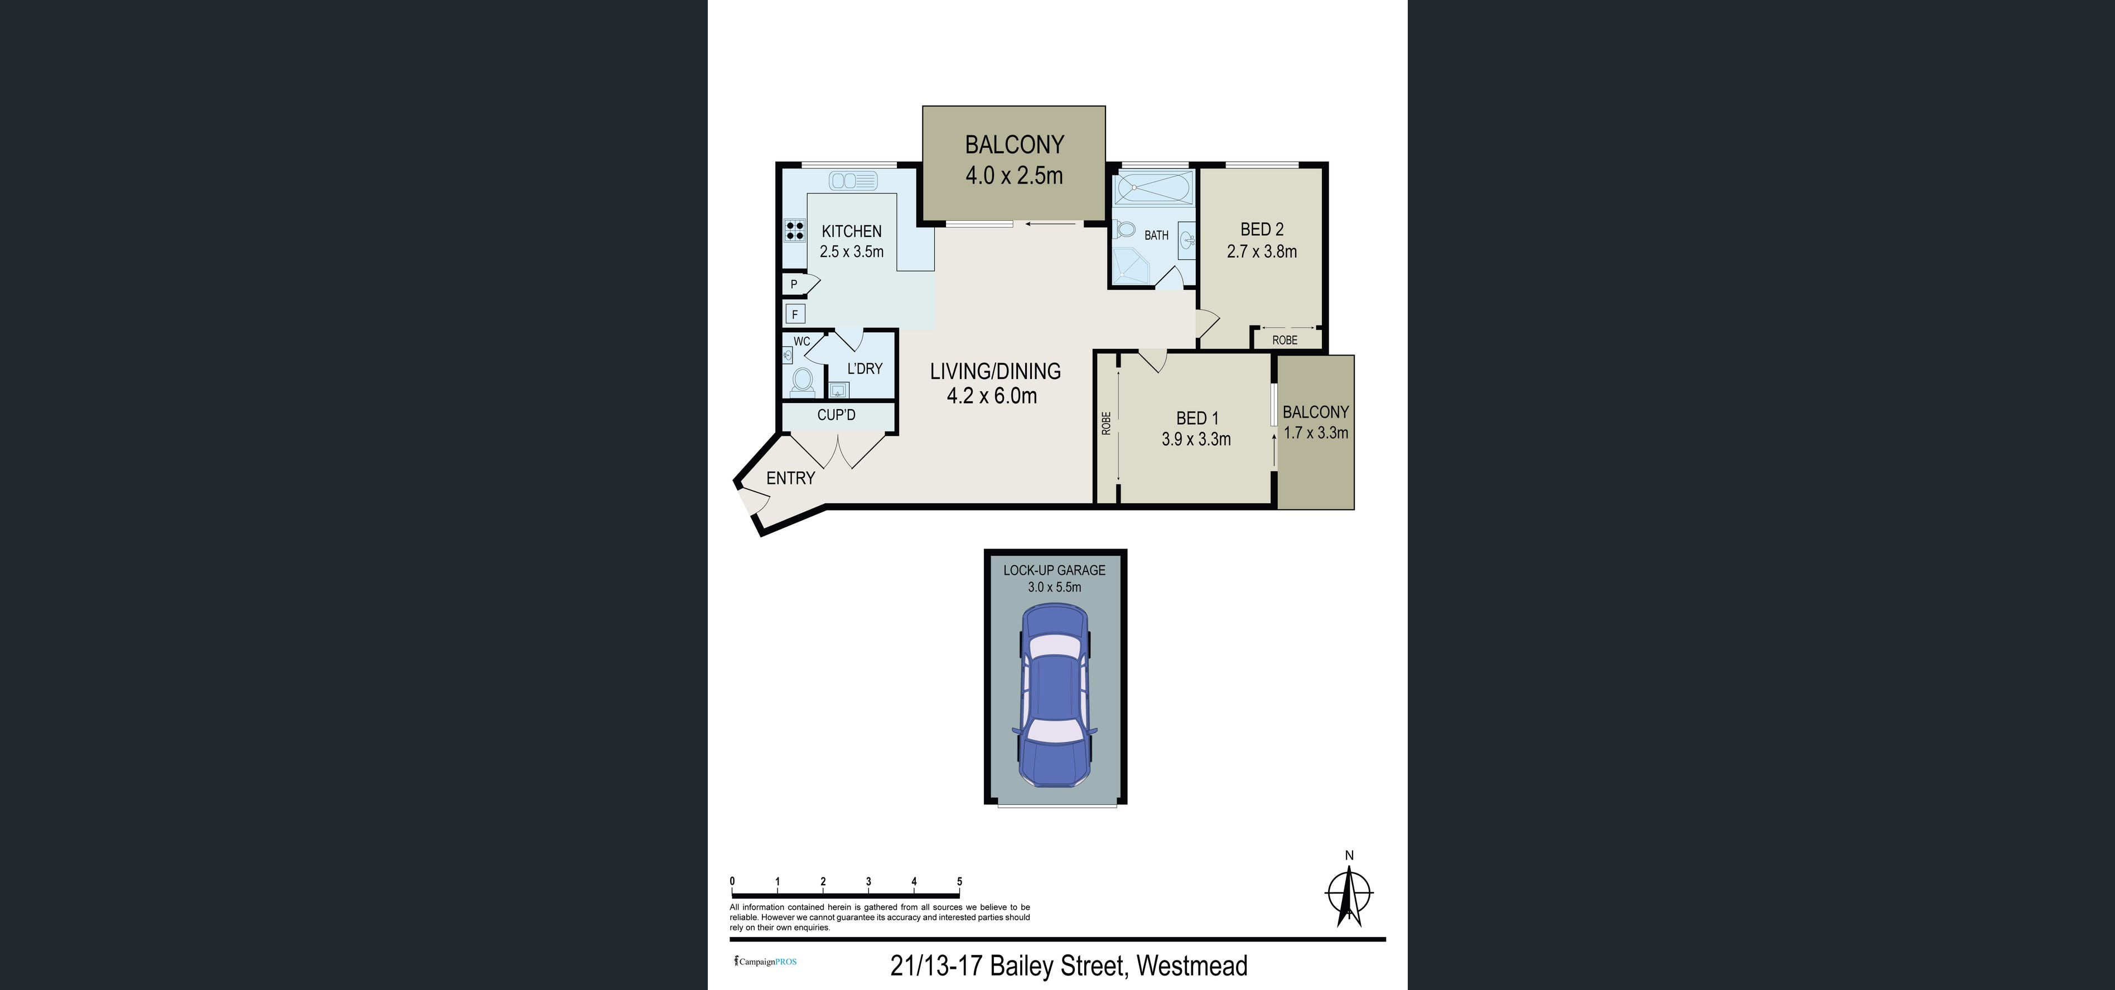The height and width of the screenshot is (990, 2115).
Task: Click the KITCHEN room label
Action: (852, 231)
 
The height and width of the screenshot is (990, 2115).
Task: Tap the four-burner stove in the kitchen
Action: (795, 231)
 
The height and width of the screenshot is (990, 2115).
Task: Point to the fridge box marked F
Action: (795, 314)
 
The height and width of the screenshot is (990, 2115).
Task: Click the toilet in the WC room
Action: (802, 380)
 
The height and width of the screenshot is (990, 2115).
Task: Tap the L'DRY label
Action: (865, 368)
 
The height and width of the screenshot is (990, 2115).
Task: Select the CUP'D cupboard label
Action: (837, 415)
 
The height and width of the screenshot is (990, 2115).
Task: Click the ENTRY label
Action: (791, 478)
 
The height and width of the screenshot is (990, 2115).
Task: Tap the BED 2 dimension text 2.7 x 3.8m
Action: (1262, 252)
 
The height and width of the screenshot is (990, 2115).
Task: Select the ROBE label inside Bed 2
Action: (1285, 340)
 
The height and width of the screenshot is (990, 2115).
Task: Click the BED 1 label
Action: (1197, 419)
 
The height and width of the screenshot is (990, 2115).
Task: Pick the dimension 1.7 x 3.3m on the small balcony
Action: (1316, 433)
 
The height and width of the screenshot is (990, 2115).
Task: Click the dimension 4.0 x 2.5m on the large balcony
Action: (1014, 176)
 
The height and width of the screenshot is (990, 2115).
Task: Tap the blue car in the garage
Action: (1055, 706)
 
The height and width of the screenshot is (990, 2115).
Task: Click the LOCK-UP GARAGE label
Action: (1054, 570)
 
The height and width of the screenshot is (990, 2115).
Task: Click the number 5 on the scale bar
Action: (959, 882)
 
